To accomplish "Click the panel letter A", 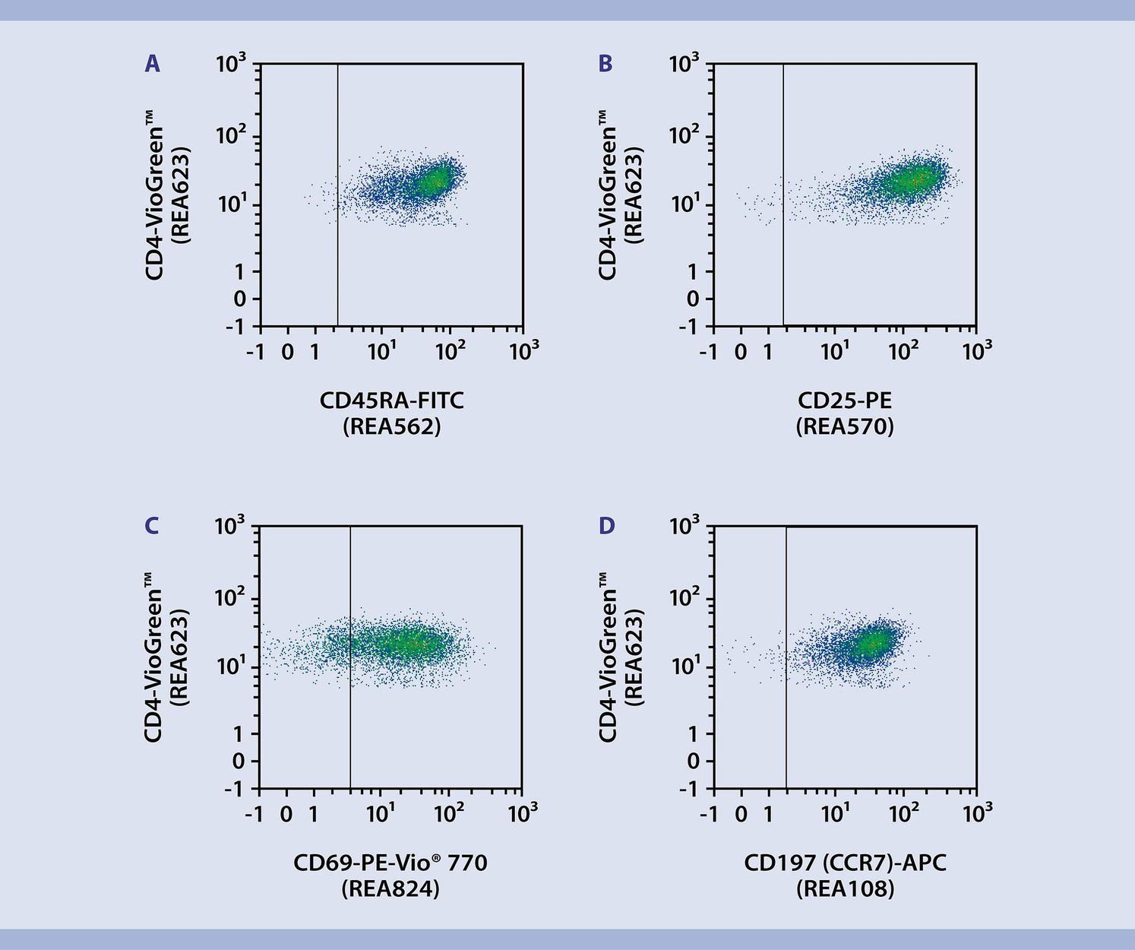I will pyautogui.click(x=152, y=65).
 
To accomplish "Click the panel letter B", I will pyautogui.click(x=605, y=65).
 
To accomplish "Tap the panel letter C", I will pyautogui.click(x=152, y=526).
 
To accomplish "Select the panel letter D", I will pyautogui.click(x=606, y=526).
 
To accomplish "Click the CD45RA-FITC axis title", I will pyautogui.click(x=391, y=401).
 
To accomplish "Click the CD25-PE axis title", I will pyautogui.click(x=845, y=401).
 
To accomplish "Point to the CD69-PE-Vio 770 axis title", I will pyautogui.click(x=390, y=863).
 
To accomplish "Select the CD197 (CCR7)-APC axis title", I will pyautogui.click(x=845, y=863).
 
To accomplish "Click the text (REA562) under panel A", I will pyautogui.click(x=391, y=426).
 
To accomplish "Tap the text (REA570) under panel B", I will pyautogui.click(x=845, y=426).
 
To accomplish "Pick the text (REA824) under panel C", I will pyautogui.click(x=390, y=888).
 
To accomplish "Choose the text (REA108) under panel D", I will pyautogui.click(x=845, y=888).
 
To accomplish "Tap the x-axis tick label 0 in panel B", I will pyautogui.click(x=741, y=352).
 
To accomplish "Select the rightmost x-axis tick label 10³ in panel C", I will pyautogui.click(x=523, y=814).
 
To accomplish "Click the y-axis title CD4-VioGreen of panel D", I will pyautogui.click(x=607, y=657).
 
